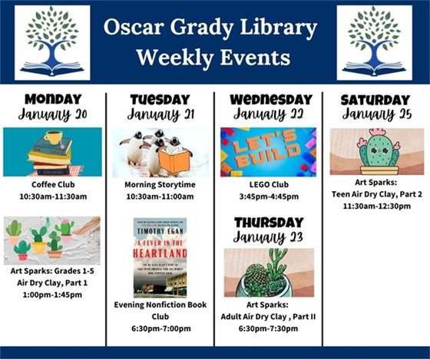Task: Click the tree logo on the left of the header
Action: (x=52, y=42)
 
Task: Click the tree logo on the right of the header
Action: (x=374, y=42)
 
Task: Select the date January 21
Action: (x=159, y=115)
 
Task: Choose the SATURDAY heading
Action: (x=375, y=100)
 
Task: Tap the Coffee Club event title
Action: (x=52, y=185)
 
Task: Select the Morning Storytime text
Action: (x=159, y=185)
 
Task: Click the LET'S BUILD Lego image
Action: (x=268, y=151)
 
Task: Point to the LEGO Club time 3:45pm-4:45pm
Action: (x=268, y=197)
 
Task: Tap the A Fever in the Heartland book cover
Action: (x=160, y=257)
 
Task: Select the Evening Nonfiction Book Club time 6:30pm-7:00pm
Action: (x=159, y=329)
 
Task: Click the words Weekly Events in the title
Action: (x=213, y=57)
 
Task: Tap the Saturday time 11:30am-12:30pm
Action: (x=375, y=206)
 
